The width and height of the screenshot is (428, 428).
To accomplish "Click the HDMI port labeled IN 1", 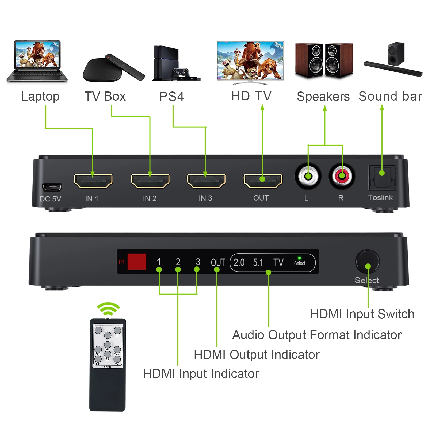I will (x=93, y=181).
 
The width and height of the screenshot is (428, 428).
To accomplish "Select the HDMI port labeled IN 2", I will (x=150, y=181).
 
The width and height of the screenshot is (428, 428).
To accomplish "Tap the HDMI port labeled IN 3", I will (x=206, y=181).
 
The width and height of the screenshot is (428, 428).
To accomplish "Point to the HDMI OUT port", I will (x=263, y=181).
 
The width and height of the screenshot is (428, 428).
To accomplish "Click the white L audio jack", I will (x=308, y=176).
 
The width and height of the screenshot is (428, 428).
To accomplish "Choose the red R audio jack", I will (x=342, y=176).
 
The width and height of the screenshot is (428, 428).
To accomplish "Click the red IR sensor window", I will (x=137, y=261).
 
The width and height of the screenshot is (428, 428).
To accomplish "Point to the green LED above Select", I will (x=299, y=258).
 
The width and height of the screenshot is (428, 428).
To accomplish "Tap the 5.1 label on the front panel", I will (x=258, y=263).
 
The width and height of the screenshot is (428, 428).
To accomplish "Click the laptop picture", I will (x=37, y=61).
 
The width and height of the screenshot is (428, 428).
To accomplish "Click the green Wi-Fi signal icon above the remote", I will (x=108, y=309).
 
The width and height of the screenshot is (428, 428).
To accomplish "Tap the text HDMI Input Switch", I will (x=362, y=314).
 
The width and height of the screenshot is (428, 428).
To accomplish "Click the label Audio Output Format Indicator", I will (x=317, y=335).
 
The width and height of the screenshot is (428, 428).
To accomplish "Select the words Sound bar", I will (x=390, y=96).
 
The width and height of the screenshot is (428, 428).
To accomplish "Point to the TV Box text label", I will (x=105, y=96).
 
